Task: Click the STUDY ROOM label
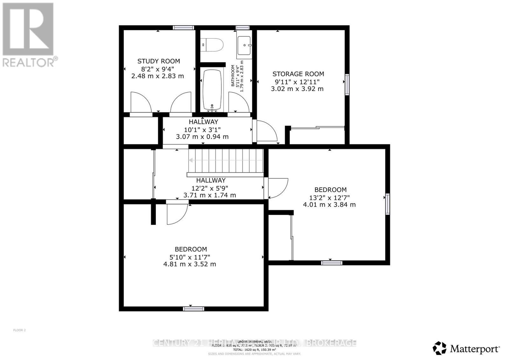(x=158, y=61)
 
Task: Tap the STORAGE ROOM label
(x=298, y=74)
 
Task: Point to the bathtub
(x=212, y=90)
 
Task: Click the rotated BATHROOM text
(x=233, y=76)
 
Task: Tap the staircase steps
(x=226, y=161)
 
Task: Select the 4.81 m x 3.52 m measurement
(x=190, y=264)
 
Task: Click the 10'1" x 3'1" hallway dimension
(x=202, y=129)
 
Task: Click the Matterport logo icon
(x=440, y=348)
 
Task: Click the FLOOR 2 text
(x=19, y=330)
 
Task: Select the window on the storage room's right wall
(x=347, y=84)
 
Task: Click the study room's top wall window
(x=184, y=28)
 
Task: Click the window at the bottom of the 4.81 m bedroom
(x=194, y=308)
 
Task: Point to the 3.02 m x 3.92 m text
(x=297, y=89)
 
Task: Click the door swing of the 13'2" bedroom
(x=277, y=188)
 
